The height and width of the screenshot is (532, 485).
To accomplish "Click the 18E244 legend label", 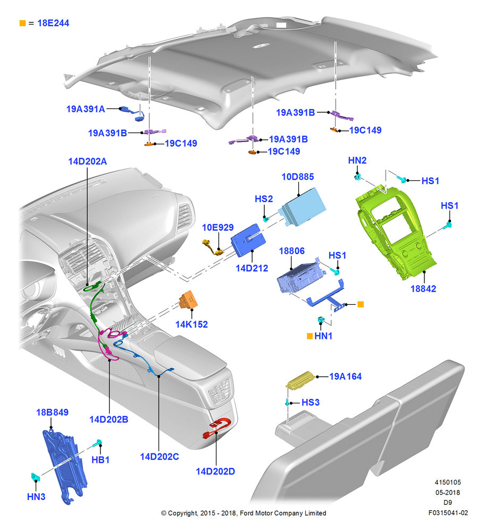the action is coord(53,23).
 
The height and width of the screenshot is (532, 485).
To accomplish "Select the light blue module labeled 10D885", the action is coord(302,206).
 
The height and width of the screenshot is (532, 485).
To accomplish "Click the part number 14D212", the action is coord(252,268).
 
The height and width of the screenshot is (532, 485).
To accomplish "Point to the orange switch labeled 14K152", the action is coord(188,300).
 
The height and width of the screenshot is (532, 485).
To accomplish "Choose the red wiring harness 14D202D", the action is coord(217,428).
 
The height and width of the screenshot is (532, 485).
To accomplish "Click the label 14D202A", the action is coord(88,162).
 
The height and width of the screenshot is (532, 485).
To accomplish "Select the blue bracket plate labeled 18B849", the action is coord(65,467).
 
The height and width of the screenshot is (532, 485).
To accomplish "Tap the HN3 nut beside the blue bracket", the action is coord(35,477).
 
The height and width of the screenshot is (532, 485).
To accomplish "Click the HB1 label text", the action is coord(101,460).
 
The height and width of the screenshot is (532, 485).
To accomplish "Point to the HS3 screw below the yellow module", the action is coord(288,402).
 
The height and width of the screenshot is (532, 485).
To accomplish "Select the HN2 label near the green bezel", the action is coord(357,161).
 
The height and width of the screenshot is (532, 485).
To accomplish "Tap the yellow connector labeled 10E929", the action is coord(213,247).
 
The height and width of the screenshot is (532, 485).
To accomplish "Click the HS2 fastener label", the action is coord(264,199).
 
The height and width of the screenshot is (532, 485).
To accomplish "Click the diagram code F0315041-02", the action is coord(448,513).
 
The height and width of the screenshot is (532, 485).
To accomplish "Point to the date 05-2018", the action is coord(448,492).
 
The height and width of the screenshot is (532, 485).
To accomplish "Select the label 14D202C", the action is coord(160,456).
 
